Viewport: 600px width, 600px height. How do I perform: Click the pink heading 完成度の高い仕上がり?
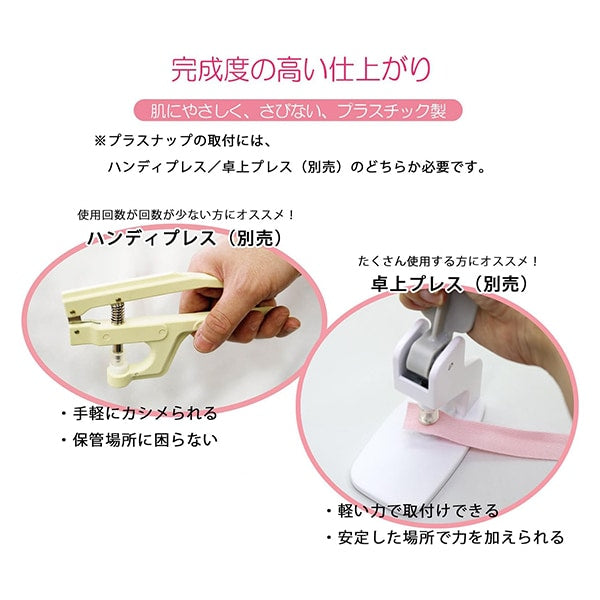pos(300,69)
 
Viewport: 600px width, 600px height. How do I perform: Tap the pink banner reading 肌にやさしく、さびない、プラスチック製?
pos(300,109)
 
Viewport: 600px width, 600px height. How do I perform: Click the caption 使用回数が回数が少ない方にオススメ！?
pos(186,215)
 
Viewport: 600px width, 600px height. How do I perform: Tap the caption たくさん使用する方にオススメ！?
pos(449,261)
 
